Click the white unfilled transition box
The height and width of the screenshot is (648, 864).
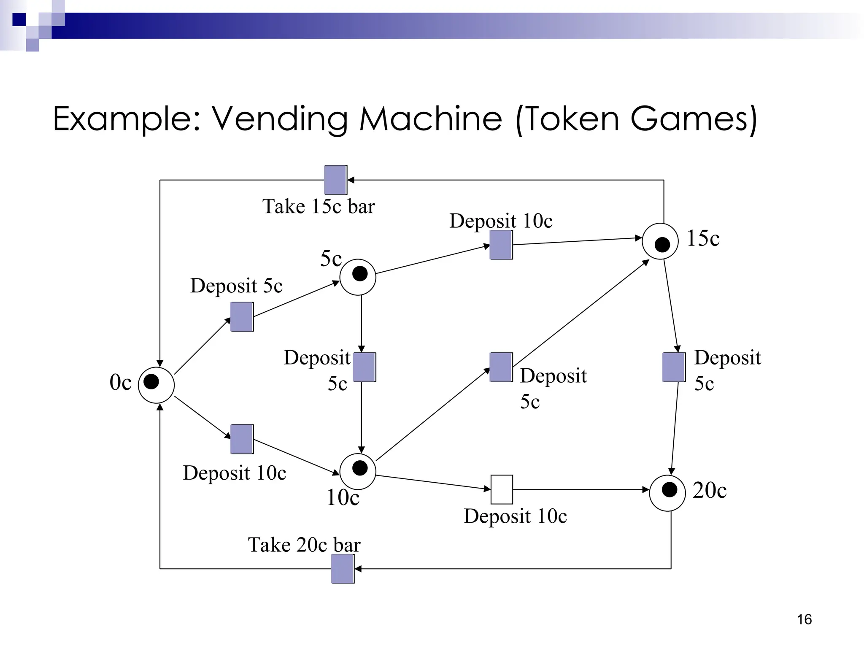click(x=502, y=489)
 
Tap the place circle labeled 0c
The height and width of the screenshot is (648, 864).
click(x=156, y=385)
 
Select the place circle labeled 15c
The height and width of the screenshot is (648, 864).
click(x=660, y=241)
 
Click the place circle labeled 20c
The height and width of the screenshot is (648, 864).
click(x=667, y=493)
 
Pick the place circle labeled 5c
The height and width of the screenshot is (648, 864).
click(x=358, y=277)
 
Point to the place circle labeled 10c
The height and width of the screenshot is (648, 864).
click(x=358, y=471)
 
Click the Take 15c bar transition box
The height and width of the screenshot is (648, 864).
click(x=335, y=180)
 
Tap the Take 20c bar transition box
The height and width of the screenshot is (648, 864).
click(x=343, y=569)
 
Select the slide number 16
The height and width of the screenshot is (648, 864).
click(x=804, y=619)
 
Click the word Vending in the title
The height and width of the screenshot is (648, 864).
click(x=279, y=119)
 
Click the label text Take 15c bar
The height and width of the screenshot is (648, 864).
click(x=319, y=206)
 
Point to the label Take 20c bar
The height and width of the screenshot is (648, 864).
click(x=304, y=544)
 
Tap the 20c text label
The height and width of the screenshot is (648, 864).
click(x=710, y=490)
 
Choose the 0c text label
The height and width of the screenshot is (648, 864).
click(x=121, y=382)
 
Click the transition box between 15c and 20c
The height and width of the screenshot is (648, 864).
click(x=674, y=367)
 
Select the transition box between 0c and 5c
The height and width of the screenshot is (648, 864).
click(x=242, y=316)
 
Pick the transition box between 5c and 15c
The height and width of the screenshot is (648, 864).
click(x=501, y=245)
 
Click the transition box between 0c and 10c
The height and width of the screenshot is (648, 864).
click(x=242, y=439)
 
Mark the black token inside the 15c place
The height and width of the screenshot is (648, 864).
click(x=662, y=244)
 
